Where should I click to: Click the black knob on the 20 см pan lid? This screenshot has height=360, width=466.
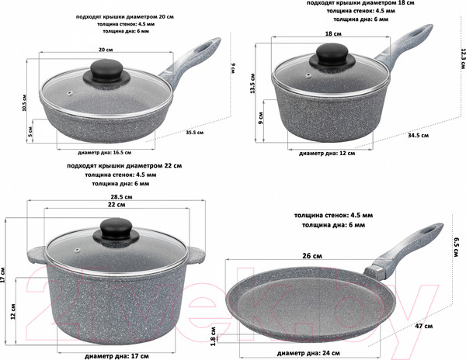tap(106, 71)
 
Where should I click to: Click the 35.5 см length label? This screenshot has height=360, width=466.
tap(195, 133)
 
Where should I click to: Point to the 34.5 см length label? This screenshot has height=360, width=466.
tap(418, 135)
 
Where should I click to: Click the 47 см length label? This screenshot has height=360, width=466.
tap(424, 326)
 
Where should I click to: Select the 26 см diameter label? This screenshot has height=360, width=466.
tap(312, 256)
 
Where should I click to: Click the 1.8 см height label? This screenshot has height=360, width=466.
tap(213, 337)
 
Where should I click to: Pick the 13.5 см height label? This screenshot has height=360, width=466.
tap(252, 84)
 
